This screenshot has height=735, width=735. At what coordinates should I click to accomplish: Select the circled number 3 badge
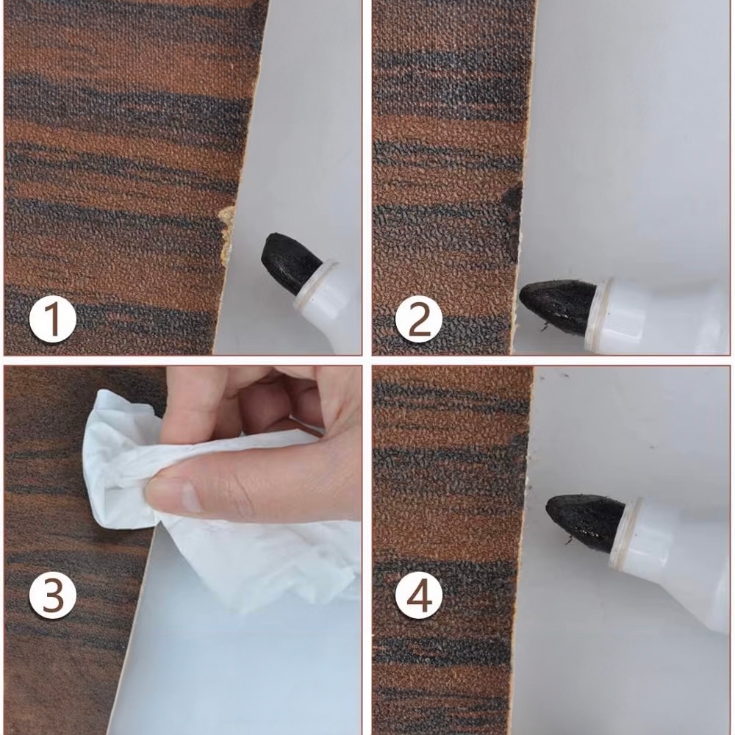pos(52,595)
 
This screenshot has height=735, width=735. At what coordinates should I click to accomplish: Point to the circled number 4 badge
pos(419,595)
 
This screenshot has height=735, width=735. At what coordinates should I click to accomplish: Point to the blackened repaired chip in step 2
pos(513,220)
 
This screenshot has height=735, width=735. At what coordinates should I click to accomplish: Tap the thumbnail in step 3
pos(187,498)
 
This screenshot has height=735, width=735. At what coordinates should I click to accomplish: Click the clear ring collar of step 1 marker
pos(315,284)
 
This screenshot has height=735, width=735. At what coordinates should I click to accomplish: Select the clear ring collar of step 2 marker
pos(600,307)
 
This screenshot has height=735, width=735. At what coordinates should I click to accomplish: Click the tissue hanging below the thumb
pos(262,562)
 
